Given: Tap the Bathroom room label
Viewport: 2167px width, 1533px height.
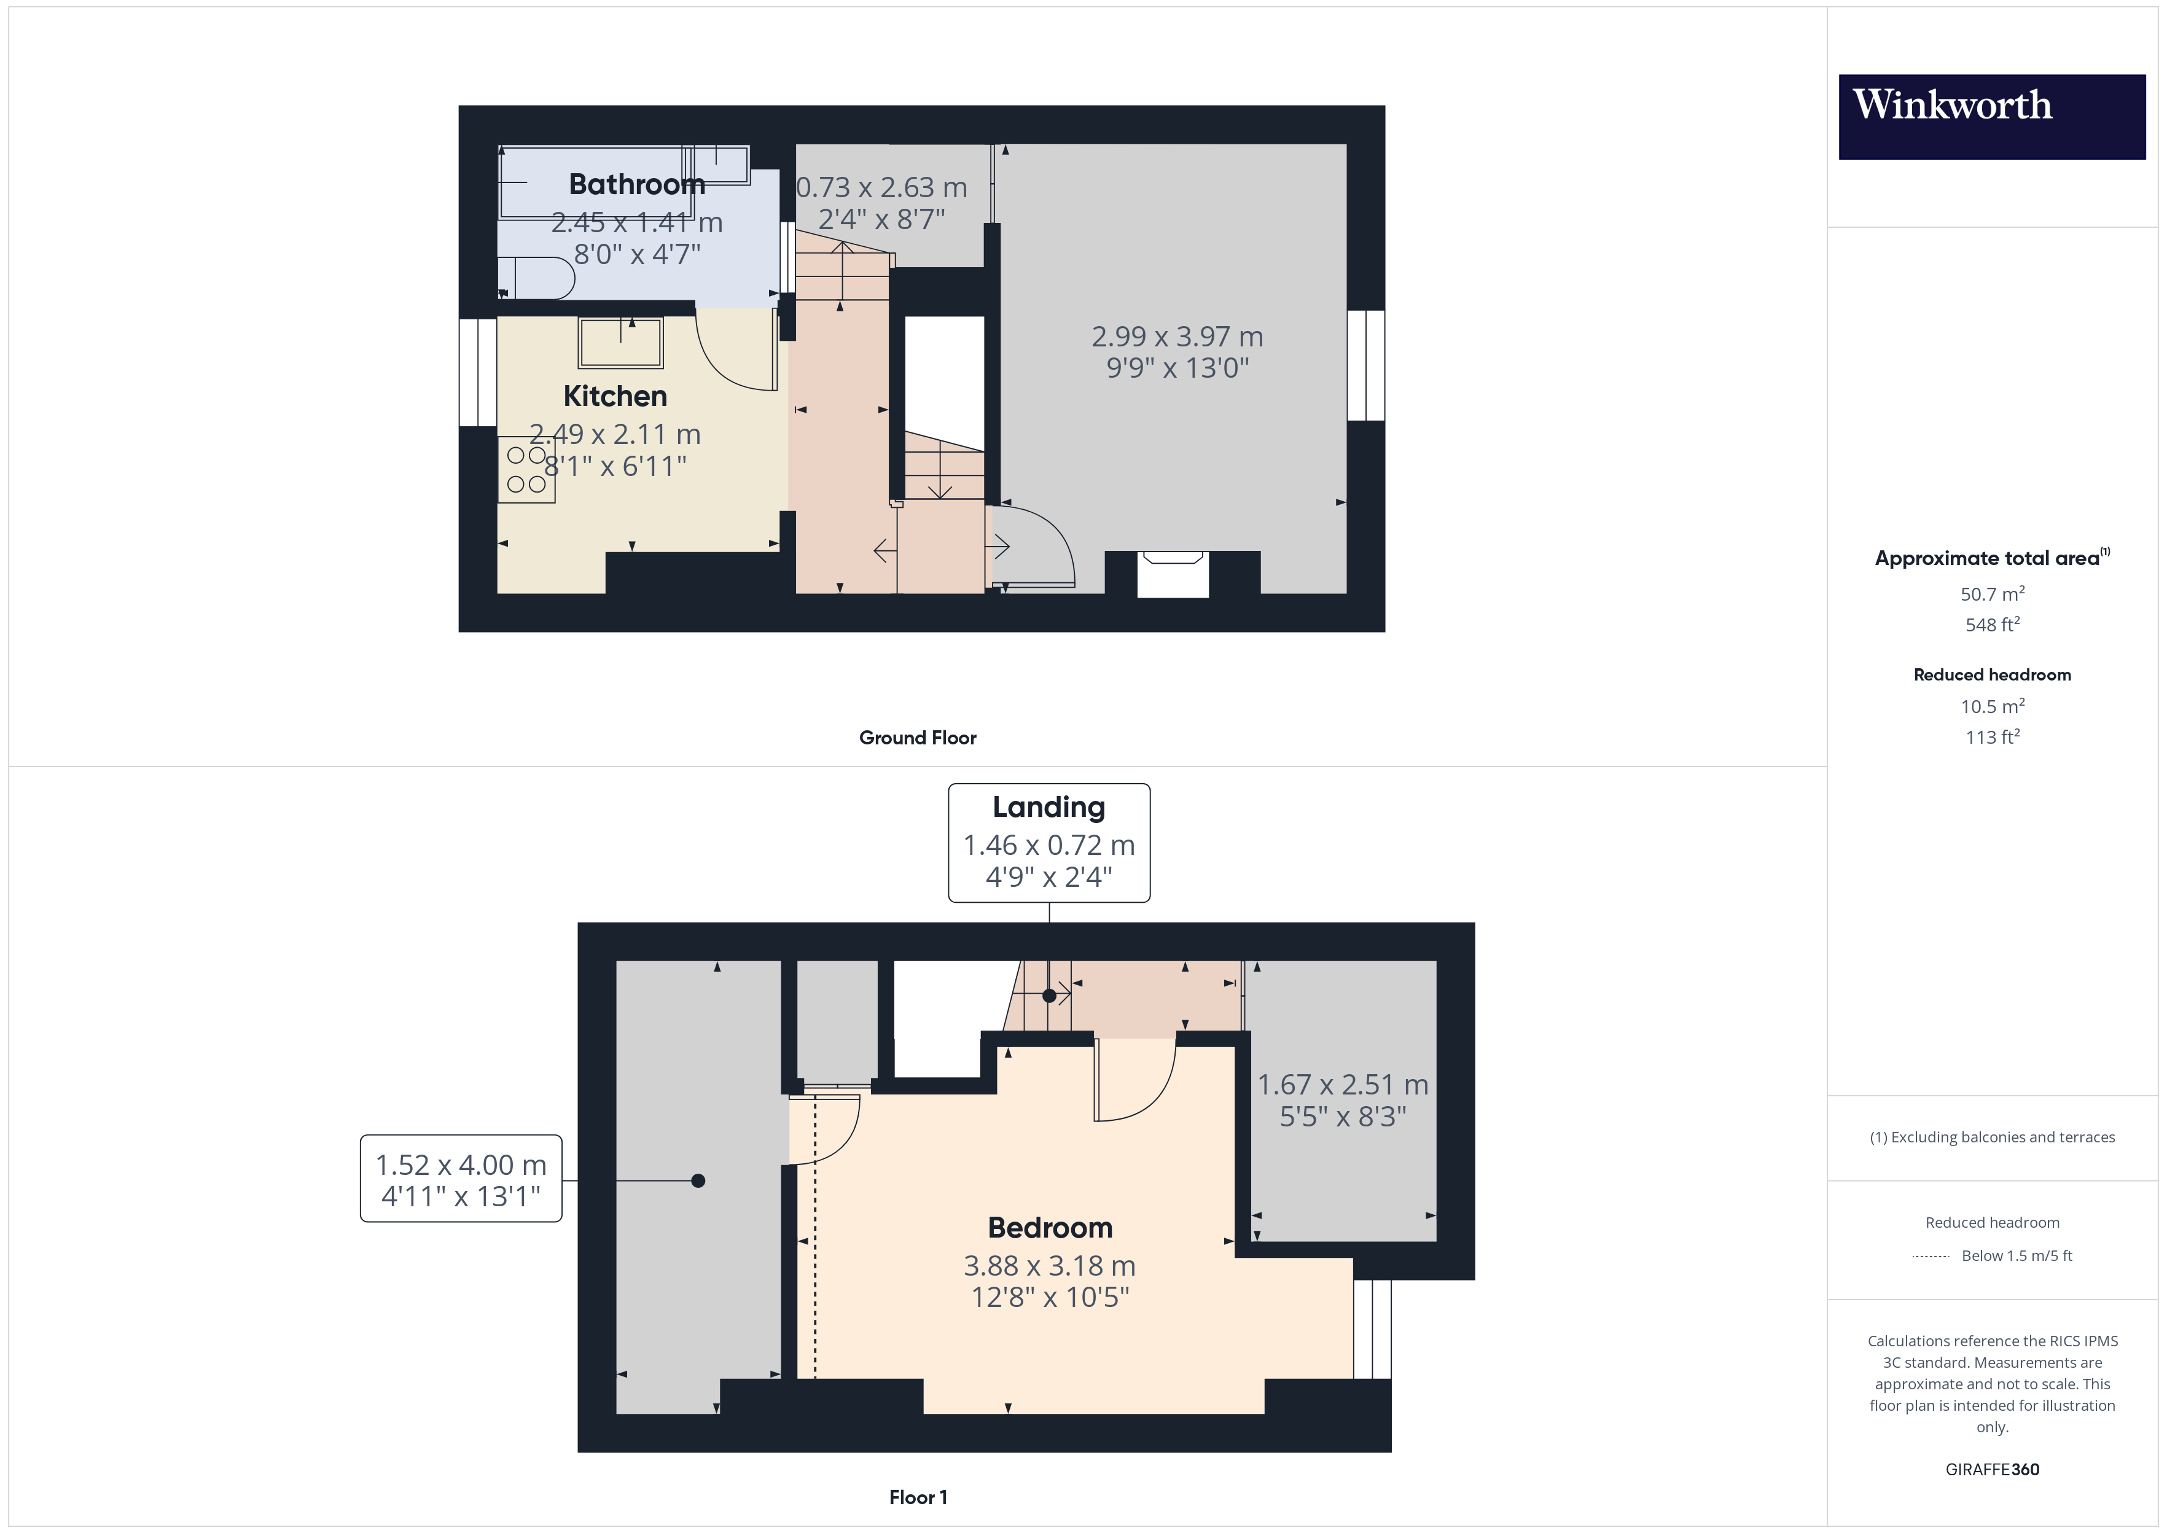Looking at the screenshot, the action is (x=637, y=184).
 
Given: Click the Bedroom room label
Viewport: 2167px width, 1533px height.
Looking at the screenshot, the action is (x=1050, y=1227).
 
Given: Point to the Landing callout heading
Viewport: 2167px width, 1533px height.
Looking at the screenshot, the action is (x=1048, y=807).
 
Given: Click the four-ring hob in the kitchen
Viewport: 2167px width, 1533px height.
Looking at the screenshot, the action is (x=526, y=469).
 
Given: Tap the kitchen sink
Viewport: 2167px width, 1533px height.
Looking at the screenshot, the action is (x=621, y=341).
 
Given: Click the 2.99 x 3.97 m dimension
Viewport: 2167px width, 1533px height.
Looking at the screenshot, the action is (x=1177, y=336).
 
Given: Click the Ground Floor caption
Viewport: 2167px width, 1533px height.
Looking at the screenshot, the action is (x=918, y=737).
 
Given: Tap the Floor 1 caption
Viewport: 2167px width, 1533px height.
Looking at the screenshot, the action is (x=918, y=1497).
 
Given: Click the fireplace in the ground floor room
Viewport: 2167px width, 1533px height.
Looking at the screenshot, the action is (x=1173, y=573).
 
